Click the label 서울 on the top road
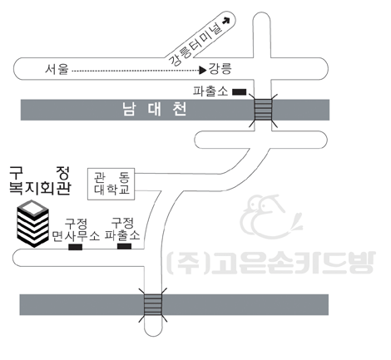[x=57, y=69]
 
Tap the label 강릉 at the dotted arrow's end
[x=220, y=68]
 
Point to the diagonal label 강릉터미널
[x=195, y=44]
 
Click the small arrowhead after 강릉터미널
[x=226, y=21]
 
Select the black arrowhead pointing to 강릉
[x=203, y=71]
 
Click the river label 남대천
[x=155, y=109]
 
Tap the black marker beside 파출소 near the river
[x=239, y=92]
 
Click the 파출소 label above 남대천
[x=210, y=91]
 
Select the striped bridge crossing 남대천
[x=263, y=110]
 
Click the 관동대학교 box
[x=111, y=184]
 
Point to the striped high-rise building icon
[x=32, y=224]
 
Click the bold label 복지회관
[x=40, y=189]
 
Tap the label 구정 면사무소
[x=76, y=229]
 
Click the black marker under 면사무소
[x=76, y=247]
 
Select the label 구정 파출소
[x=122, y=229]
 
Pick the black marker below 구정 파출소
[x=124, y=246]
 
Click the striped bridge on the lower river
[x=153, y=305]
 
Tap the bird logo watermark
[x=270, y=217]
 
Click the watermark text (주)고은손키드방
[x=271, y=263]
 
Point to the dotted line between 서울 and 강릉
[x=136, y=71]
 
